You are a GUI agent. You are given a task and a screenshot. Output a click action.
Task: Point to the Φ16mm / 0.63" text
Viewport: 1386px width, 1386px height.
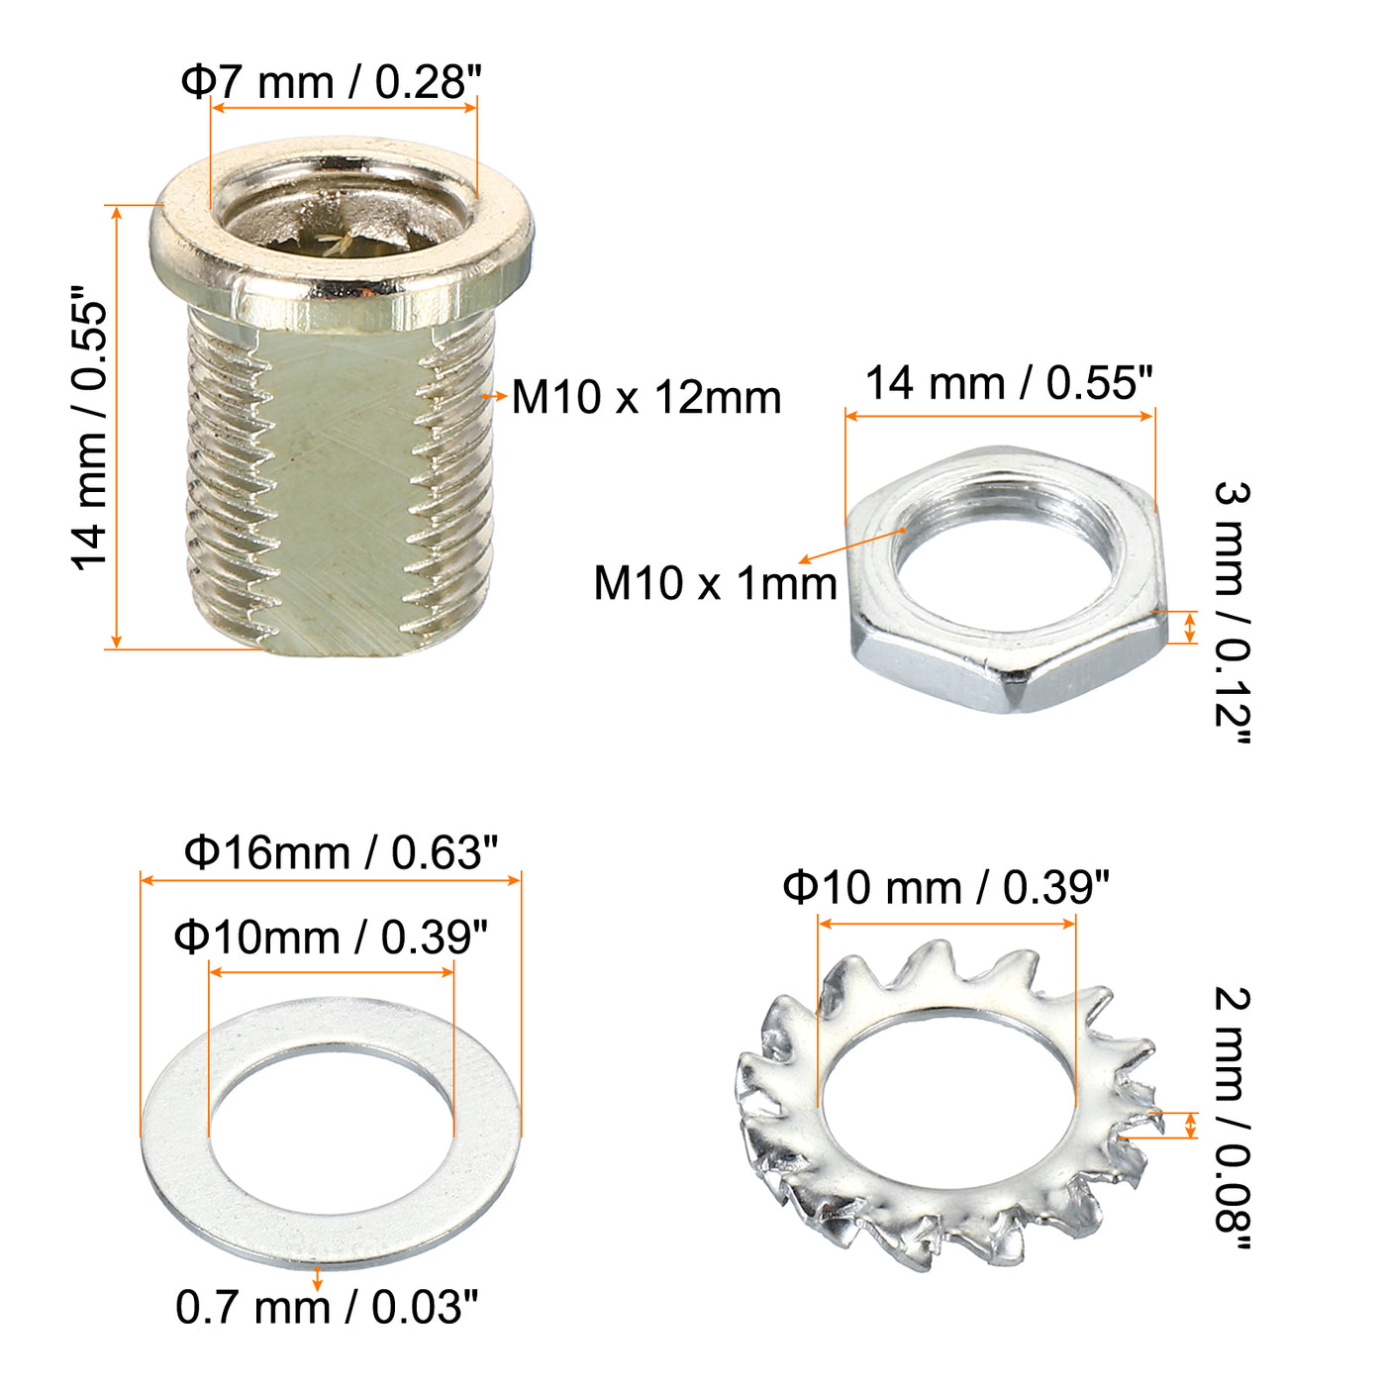pos(341,852)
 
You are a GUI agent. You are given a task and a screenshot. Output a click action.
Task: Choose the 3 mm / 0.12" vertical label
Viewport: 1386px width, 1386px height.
pos(1233,613)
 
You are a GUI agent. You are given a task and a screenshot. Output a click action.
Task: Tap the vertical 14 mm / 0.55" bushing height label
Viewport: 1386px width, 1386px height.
pos(89,429)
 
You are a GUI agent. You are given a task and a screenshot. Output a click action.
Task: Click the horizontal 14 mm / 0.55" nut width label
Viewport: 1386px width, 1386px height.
pos(1009,382)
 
